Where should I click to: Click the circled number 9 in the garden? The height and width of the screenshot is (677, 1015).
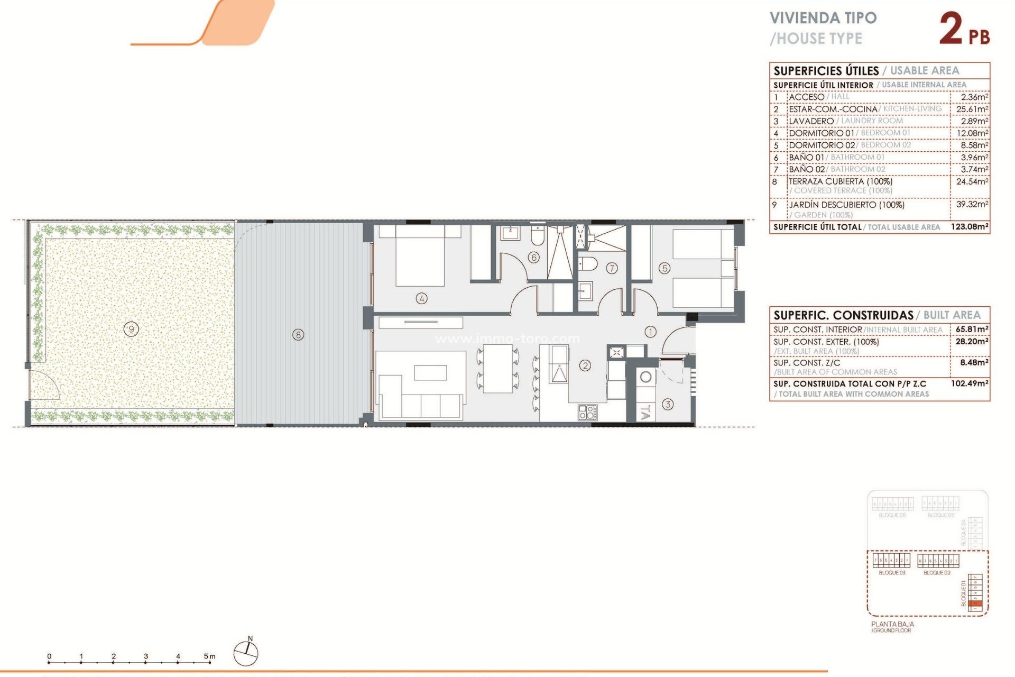click(x=131, y=329)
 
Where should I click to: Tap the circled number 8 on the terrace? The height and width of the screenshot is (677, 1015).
click(x=298, y=334)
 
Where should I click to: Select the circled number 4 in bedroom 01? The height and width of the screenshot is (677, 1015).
click(x=421, y=298)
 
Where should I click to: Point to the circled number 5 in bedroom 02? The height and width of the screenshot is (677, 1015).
click(x=665, y=268)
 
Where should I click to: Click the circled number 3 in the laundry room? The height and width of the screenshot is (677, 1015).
click(x=668, y=405)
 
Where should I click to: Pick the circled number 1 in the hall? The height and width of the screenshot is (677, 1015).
click(x=650, y=332)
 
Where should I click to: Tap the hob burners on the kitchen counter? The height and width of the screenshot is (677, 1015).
click(x=587, y=412)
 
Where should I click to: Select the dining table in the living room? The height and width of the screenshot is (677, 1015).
click(x=497, y=368)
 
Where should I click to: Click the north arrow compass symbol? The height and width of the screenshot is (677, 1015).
click(x=246, y=653)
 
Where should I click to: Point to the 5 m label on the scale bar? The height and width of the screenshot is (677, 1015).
click(x=209, y=656)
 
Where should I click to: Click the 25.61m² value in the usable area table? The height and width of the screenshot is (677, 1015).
click(x=972, y=109)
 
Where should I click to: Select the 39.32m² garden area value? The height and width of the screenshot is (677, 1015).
click(x=972, y=204)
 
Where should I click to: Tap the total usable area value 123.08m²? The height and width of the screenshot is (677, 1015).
click(x=969, y=226)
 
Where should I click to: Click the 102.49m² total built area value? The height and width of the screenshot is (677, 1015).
click(x=969, y=383)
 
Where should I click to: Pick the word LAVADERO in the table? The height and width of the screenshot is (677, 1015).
click(x=811, y=121)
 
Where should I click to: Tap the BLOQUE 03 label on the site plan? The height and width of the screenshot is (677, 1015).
click(x=892, y=573)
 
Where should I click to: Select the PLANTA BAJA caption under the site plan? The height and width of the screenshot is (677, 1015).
click(x=892, y=624)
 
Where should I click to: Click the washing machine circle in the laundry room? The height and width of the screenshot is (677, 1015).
click(x=645, y=377)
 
